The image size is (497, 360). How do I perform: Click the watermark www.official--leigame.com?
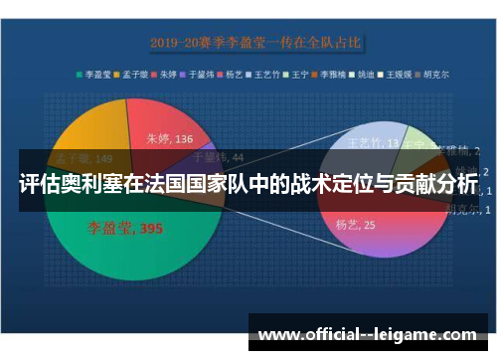point(367,335)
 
